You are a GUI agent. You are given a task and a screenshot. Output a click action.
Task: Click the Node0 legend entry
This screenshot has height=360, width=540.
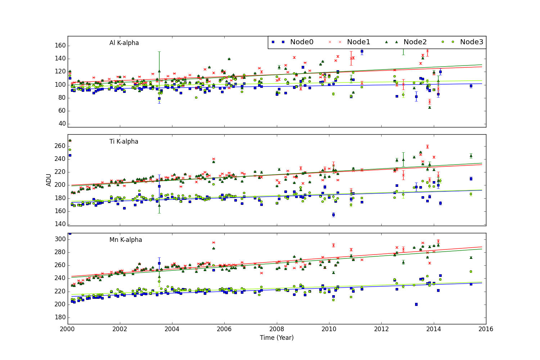301,42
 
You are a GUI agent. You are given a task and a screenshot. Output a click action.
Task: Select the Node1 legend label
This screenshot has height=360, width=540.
358,42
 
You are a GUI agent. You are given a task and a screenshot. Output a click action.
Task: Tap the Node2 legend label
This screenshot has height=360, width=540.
415,42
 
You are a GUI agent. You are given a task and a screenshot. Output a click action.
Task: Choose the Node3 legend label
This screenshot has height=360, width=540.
472,42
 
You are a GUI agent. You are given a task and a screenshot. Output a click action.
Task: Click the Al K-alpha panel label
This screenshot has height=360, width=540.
124,43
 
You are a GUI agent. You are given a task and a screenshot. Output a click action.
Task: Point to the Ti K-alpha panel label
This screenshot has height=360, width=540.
124,141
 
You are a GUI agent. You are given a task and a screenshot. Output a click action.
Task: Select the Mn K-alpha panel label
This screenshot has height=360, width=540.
125,240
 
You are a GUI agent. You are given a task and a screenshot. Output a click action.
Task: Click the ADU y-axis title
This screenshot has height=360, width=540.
49,180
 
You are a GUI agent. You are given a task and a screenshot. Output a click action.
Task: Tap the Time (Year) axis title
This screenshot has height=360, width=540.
276,338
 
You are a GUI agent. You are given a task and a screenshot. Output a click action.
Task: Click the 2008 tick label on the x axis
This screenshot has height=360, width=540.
277,329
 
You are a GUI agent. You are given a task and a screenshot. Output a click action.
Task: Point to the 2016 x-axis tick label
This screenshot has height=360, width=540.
486,329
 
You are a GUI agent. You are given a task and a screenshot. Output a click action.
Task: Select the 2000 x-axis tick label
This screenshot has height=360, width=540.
68,329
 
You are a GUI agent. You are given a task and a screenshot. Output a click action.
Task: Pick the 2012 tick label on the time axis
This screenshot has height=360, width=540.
381,329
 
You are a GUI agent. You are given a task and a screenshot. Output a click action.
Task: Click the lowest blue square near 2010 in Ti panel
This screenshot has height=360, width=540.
333,215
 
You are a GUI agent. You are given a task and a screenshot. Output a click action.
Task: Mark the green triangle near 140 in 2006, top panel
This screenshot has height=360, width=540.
229,59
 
